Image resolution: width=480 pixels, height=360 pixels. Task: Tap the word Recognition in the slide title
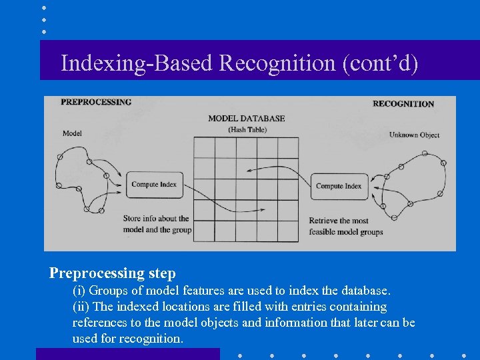(x=278, y=63)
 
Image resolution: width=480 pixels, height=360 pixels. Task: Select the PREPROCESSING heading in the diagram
(x=96, y=102)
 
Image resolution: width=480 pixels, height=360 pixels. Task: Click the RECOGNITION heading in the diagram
(x=403, y=103)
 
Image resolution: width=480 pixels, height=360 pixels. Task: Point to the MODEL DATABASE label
(x=246, y=119)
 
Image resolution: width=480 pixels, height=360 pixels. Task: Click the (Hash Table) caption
(x=247, y=129)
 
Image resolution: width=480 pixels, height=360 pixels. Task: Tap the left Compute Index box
(x=154, y=185)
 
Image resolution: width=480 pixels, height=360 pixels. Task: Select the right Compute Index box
(x=338, y=186)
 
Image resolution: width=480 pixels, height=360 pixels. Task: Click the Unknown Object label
(x=414, y=135)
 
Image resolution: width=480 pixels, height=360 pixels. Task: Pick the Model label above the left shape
(x=72, y=133)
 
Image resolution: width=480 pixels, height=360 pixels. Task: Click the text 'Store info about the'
(x=156, y=219)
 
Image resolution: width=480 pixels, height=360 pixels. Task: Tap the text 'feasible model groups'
(x=346, y=232)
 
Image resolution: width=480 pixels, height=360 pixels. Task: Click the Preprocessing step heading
(x=113, y=273)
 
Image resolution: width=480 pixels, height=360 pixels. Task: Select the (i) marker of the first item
(x=79, y=291)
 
